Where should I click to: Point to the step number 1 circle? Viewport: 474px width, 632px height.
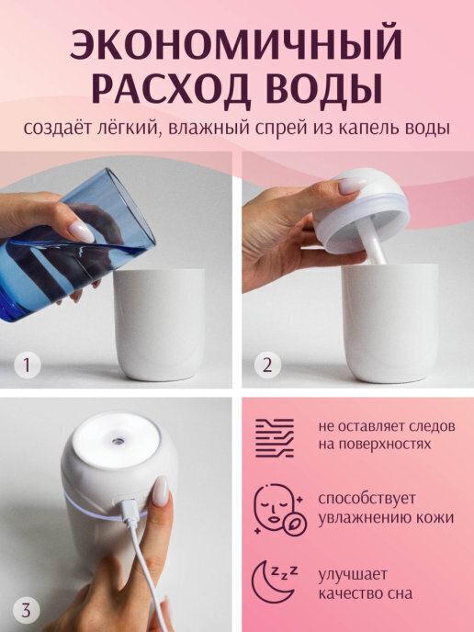click(27, 366)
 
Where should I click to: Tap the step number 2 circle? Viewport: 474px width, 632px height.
click(267, 366)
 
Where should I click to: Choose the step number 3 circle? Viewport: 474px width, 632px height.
click(27, 610)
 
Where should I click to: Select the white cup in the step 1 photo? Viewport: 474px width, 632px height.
click(159, 324)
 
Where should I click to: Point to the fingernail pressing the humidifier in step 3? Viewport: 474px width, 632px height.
click(161, 491)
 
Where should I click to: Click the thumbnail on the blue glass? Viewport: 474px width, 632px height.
click(81, 231)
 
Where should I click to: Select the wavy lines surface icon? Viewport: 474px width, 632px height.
click(275, 438)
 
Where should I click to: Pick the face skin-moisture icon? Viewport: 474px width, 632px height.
click(279, 510)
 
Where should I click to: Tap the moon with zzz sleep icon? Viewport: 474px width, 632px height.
click(275, 582)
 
